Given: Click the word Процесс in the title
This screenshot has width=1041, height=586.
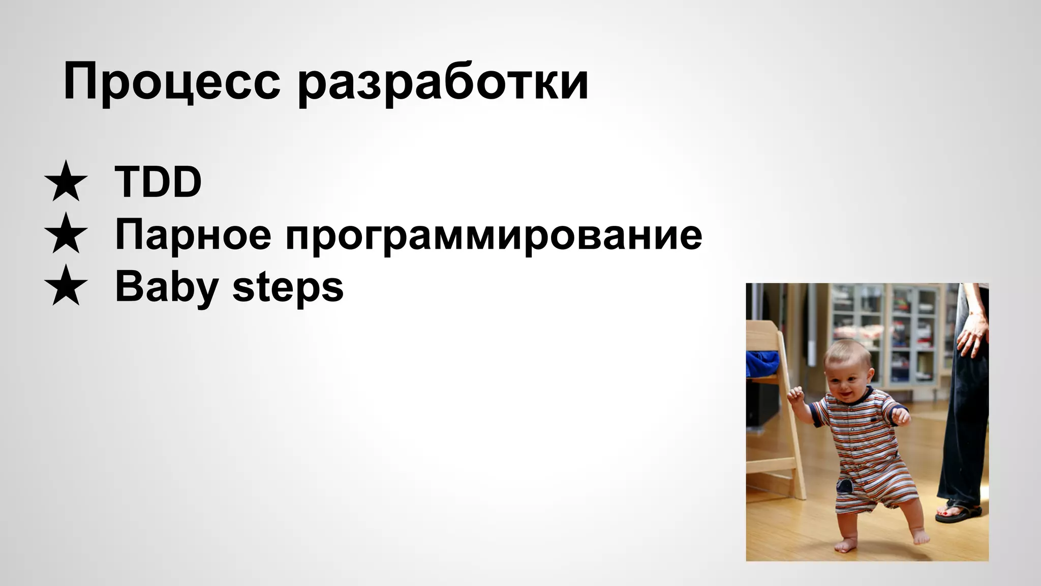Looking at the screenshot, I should [x=171, y=81].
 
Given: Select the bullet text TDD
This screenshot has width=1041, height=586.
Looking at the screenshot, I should [x=158, y=182].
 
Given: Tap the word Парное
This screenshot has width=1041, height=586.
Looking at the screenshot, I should [x=193, y=235].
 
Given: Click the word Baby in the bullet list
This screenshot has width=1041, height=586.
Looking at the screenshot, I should [x=167, y=287].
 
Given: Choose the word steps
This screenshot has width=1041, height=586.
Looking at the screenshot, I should [x=288, y=287].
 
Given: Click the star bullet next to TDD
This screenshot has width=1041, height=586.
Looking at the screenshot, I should [x=66, y=182].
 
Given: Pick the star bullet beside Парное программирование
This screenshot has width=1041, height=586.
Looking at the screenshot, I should [x=66, y=234].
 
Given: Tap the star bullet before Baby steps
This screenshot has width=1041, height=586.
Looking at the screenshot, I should [x=66, y=286].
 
